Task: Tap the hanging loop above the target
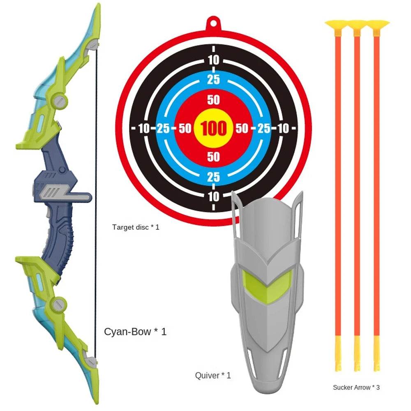pyautogui.click(x=213, y=22)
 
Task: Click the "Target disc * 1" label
pyautogui.click(x=136, y=226)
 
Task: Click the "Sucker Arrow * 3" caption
pyautogui.click(x=356, y=387)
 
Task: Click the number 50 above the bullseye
pyautogui.click(x=213, y=100)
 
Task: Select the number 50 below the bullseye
pyautogui.click(x=213, y=157)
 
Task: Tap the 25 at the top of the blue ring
pyautogui.click(x=213, y=79)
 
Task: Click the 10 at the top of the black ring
pyautogui.click(x=213, y=60)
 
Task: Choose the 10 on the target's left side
pyautogui.click(x=144, y=129)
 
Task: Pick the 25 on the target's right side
pyautogui.click(x=263, y=129)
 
